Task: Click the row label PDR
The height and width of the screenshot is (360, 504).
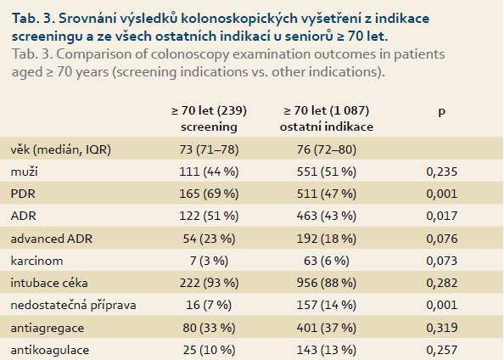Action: coord(23,194)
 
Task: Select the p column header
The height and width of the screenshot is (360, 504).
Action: coord(442,111)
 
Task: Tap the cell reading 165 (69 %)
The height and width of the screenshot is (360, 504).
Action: coord(209,194)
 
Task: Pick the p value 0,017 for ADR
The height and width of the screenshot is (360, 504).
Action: coord(442,216)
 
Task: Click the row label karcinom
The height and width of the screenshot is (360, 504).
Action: coord(36,261)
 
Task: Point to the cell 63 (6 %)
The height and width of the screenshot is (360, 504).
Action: coord(327,261)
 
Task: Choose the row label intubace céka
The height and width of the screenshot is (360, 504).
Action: coord(49,283)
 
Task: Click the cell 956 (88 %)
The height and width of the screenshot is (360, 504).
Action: coord(327,283)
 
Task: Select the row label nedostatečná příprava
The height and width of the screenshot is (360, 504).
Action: coord(73,305)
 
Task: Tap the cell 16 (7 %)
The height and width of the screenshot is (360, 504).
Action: coord(209,305)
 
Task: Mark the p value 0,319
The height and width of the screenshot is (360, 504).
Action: coord(442,328)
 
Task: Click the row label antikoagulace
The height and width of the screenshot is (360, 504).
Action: coord(50,350)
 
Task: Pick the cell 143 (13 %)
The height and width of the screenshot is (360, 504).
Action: coord(327,350)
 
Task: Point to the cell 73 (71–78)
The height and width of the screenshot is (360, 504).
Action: coord(209,149)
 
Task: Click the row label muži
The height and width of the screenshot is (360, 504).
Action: coord(24,172)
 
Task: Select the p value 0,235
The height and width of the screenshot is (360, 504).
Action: coord(442,172)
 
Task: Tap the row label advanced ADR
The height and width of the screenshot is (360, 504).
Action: coord(52,239)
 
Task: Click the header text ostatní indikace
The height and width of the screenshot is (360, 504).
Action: coord(327,127)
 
